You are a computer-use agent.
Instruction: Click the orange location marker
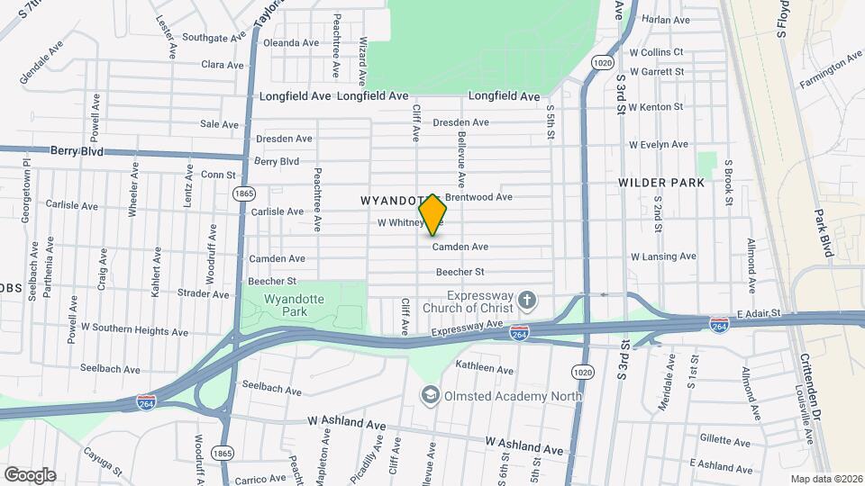432,214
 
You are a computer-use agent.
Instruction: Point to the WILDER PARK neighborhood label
661,183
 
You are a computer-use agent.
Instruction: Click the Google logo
29,474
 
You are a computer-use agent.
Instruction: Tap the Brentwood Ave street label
478,197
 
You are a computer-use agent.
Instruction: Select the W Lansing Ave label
663,256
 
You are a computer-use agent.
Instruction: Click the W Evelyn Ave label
658,144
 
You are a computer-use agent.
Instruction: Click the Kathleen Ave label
484,368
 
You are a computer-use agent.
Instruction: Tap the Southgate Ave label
214,38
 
